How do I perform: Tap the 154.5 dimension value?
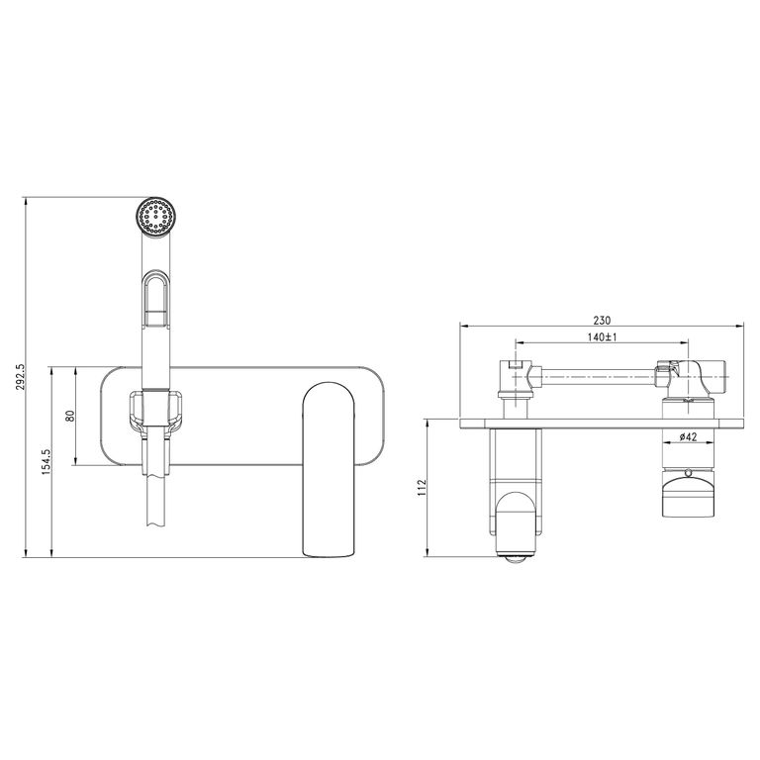(x=47, y=461)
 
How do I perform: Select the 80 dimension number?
(x=71, y=416)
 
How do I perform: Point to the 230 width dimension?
(x=602, y=320)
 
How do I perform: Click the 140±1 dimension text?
(x=602, y=337)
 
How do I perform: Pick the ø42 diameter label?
(x=688, y=436)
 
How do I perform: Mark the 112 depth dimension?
(x=422, y=488)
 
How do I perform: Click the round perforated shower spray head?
(x=155, y=218)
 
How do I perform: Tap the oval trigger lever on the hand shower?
(x=155, y=299)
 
